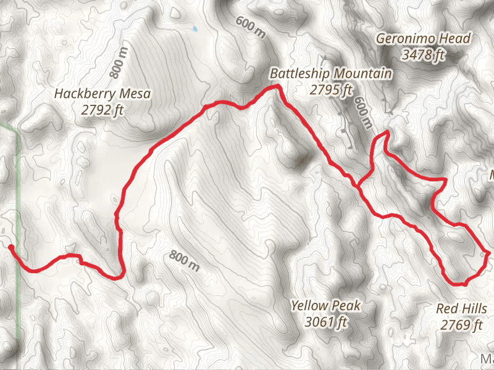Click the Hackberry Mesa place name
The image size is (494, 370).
pyautogui.click(x=103, y=94)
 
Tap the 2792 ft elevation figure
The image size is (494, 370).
pyautogui.click(x=103, y=110)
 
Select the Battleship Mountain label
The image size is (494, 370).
pyautogui.click(x=331, y=74)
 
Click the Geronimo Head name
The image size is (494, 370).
pyautogui.click(x=423, y=39)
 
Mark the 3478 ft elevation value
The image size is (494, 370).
pyautogui.click(x=423, y=55)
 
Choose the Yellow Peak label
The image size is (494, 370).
pyautogui.click(x=325, y=305)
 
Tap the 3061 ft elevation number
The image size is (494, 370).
pyautogui.click(x=326, y=321)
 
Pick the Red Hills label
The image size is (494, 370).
pyautogui.click(x=462, y=308)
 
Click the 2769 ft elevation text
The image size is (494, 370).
pyautogui.click(x=461, y=325)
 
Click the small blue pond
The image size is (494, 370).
pyautogui.click(x=195, y=28)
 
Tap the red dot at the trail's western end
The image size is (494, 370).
pyautogui.click(x=10, y=247)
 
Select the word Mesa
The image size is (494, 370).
pyautogui.click(x=136, y=94)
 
